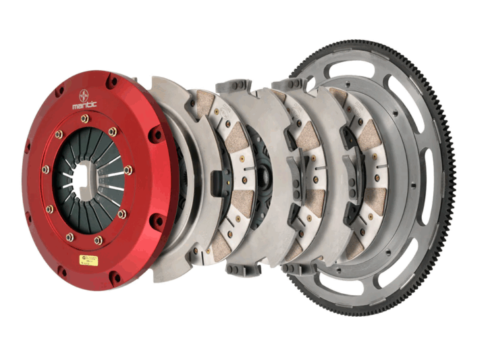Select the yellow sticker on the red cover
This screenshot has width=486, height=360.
point(88,260)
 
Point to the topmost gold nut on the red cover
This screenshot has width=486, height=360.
point(84,119)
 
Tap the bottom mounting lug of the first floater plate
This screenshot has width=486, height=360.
point(242,268)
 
